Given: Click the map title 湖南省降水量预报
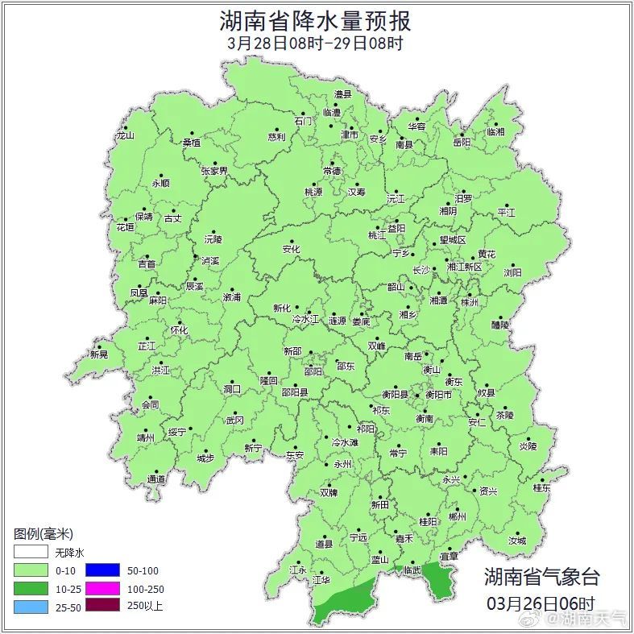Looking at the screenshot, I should pos(315,21).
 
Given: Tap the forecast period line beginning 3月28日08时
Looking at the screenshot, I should pos(315,44).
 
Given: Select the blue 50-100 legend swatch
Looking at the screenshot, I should pos(102,570).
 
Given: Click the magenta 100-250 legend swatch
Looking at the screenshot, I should pos(102,589).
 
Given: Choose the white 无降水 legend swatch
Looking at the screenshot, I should pos(31,553).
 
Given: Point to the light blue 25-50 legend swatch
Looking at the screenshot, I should pos(31,607).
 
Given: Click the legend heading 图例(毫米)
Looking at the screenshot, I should pos(44,534).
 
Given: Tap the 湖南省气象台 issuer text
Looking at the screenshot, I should pos(541,577).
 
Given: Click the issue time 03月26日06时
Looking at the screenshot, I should pos(541,603).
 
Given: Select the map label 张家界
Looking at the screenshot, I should pos(214,171).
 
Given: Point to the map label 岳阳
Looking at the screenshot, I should pos(461,143).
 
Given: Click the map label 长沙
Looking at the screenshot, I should pos(421,270).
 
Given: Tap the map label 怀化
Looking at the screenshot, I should pos(179,330).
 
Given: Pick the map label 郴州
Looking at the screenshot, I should pos(457,516).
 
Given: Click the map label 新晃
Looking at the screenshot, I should pos(98,354).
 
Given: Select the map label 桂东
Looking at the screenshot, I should pos(541,487).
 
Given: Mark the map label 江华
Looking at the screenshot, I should pos(322,579).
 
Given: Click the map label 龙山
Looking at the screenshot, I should pos(125,135).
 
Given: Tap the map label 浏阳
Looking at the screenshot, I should pos(512,272).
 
